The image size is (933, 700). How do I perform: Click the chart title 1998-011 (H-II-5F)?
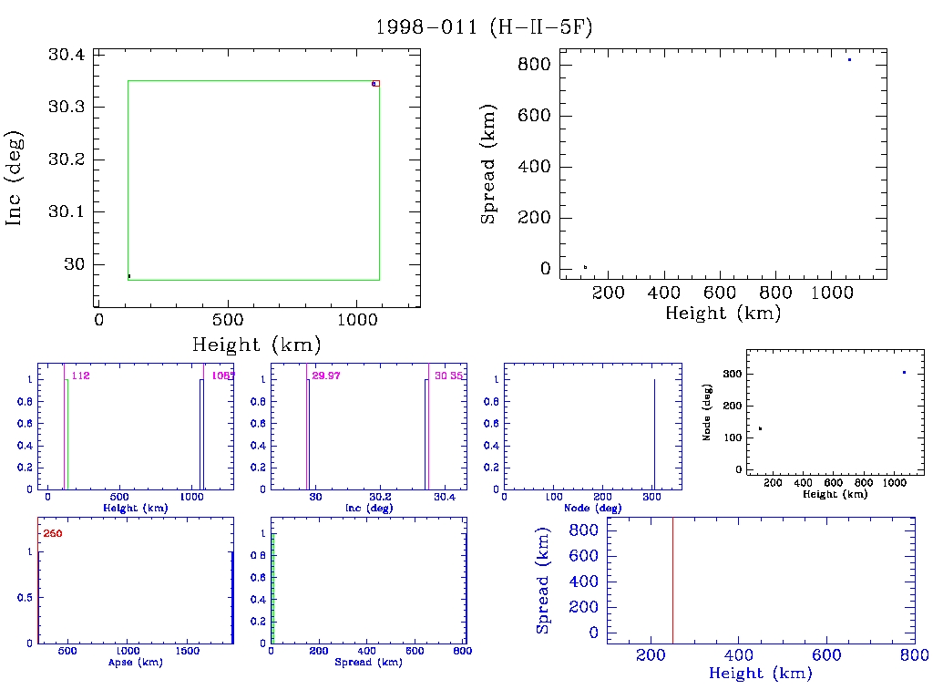(484, 27)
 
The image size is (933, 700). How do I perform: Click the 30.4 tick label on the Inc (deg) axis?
(67, 56)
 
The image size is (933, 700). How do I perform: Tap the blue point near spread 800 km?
(849, 59)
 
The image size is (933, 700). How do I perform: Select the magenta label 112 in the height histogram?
(80, 376)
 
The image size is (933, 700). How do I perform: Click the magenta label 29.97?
(325, 376)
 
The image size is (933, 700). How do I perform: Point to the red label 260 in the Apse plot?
(53, 533)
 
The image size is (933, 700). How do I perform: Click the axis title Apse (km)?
(135, 662)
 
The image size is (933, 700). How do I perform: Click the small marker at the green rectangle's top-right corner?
(374, 84)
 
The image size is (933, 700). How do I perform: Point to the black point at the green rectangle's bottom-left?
(129, 275)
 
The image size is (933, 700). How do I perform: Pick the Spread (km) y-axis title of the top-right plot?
(489, 178)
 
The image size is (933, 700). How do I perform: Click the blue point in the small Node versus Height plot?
(904, 372)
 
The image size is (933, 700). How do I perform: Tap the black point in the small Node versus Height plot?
(760, 428)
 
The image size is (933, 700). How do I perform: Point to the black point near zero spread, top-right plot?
(585, 267)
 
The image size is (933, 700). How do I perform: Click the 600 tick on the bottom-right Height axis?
(825, 655)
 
